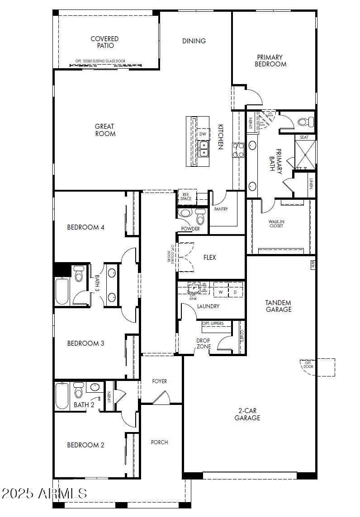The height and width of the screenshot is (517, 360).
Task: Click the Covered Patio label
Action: coord(104,42)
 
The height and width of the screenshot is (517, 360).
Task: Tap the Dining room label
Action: coord(194,41)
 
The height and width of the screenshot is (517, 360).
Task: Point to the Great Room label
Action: coord(105,130)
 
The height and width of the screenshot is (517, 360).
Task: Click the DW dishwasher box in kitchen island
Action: coord(203,134)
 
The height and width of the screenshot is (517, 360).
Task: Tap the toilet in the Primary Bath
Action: coord(306,122)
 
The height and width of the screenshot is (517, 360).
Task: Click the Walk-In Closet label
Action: coord(276,223)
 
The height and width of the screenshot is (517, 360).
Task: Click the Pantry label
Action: coord(221,209)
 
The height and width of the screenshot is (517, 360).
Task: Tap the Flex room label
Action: coord(209,258)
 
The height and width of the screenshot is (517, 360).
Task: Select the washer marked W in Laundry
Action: coord(221,292)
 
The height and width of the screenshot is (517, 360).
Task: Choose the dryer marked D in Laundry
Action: coord(235,292)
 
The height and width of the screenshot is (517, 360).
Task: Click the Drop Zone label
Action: coord(204,343)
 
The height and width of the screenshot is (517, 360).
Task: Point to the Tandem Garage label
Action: coord(278,306)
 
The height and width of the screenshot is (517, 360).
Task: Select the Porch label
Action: coord(159,442)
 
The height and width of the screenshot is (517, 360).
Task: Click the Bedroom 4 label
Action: coord(86,227)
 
